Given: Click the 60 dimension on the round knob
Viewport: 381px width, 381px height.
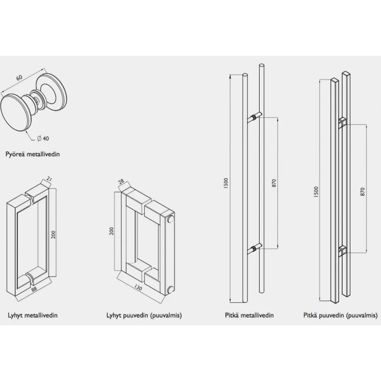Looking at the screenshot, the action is (19, 77).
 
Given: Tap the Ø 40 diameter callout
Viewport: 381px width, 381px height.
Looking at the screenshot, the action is (43, 139).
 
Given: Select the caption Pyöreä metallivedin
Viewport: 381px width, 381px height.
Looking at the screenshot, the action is (33, 154).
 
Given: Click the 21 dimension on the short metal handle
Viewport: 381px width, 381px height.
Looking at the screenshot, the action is (49, 180).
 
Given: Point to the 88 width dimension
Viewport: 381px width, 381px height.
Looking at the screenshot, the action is (34, 289).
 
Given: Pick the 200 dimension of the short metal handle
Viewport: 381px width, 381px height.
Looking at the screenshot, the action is (54, 234).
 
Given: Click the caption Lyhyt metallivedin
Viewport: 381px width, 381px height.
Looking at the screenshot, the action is (33, 315).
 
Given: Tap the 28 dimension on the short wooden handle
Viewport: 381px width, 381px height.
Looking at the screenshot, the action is (121, 181).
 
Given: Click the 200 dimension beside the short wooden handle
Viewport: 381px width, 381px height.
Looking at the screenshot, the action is (112, 231).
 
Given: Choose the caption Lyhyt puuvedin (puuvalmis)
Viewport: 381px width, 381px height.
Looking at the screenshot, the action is (144, 315).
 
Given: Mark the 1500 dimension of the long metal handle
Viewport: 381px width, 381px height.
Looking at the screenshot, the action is (226, 184).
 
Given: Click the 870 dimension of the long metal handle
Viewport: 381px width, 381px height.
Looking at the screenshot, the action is (274, 183).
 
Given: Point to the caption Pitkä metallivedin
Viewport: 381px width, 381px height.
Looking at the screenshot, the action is (249, 315).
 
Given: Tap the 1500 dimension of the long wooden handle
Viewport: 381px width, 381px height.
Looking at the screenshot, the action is (316, 192).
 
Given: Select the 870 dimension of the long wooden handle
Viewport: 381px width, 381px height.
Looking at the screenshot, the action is (363, 192).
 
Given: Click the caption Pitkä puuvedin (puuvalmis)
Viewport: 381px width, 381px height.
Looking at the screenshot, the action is (341, 315).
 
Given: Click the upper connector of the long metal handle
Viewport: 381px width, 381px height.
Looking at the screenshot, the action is (255, 117).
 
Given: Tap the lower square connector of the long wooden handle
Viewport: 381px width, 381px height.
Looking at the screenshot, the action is (343, 251).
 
